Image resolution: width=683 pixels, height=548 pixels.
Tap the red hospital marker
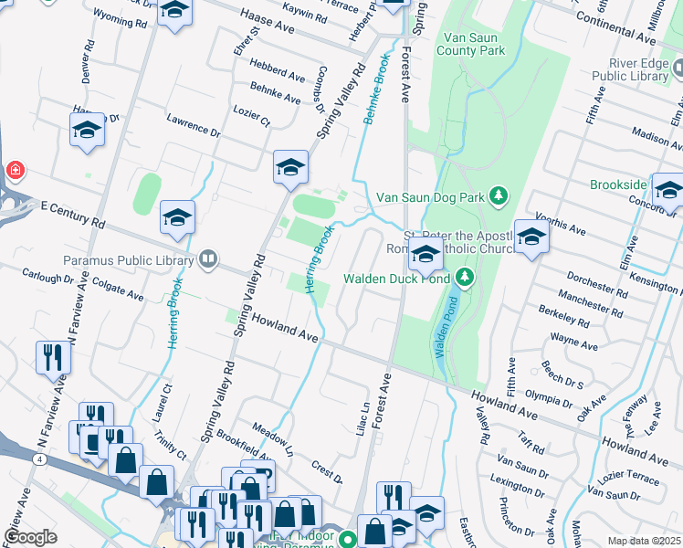coord(15,170)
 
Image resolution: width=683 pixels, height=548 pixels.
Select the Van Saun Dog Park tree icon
coord(498,195)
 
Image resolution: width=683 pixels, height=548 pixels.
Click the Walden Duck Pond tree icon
coord(465,275)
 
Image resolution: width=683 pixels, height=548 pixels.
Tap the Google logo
coord(30,536)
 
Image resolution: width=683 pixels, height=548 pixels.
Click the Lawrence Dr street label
coord(194,125)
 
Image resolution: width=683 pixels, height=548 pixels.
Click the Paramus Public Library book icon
coord(209,260)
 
